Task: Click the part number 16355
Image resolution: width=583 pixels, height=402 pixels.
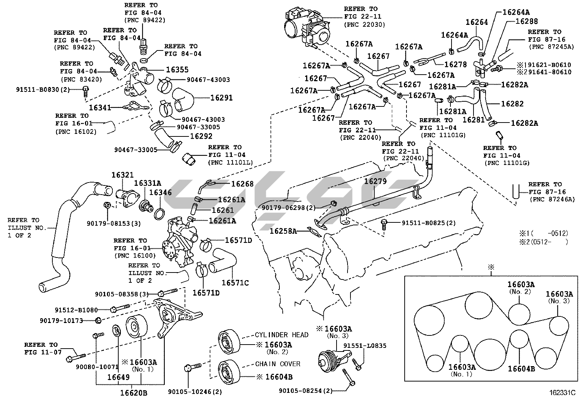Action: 177,69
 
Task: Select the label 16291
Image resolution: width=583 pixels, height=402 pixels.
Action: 221,98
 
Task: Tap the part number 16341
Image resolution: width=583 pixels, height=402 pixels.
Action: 100,108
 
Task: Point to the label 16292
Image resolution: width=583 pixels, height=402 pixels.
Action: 201,136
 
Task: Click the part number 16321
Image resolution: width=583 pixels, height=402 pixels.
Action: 123,175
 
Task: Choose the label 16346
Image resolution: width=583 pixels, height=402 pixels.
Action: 160,192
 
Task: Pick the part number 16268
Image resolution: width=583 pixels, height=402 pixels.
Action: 242,184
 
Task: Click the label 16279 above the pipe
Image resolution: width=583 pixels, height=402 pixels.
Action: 375,181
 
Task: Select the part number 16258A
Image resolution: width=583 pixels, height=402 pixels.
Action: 283,231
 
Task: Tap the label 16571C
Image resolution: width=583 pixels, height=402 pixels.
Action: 235,283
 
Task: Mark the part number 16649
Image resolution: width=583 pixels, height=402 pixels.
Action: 118,377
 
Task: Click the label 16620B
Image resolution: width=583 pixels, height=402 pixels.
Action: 134,393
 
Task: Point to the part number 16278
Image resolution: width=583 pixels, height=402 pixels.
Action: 456,64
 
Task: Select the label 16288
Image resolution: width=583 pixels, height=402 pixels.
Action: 526,21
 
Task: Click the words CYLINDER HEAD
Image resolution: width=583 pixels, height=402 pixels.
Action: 282,335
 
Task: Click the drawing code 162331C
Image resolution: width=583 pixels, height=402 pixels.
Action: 562,393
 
